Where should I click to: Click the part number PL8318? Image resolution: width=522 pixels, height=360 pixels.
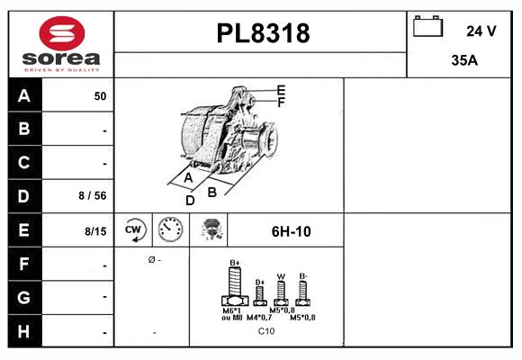click(x=263, y=34)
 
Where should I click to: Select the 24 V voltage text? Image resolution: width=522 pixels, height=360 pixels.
click(x=481, y=31)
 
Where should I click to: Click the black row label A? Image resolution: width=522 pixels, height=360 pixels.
click(x=23, y=95)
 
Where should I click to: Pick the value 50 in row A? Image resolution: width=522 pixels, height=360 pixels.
click(x=100, y=96)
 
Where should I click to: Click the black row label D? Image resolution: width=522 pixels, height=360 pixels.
click(x=23, y=195)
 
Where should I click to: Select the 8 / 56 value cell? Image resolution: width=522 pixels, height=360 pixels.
click(x=93, y=196)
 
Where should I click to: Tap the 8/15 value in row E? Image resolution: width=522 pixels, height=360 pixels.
click(x=95, y=231)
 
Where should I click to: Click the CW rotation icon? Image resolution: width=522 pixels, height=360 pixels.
click(x=134, y=230)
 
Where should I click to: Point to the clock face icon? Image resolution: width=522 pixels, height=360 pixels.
click(x=169, y=230)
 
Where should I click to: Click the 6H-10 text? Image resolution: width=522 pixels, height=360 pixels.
click(x=291, y=231)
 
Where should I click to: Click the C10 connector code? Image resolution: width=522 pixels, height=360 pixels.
click(x=266, y=331)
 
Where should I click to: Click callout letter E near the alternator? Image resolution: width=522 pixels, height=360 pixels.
click(x=281, y=90)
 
